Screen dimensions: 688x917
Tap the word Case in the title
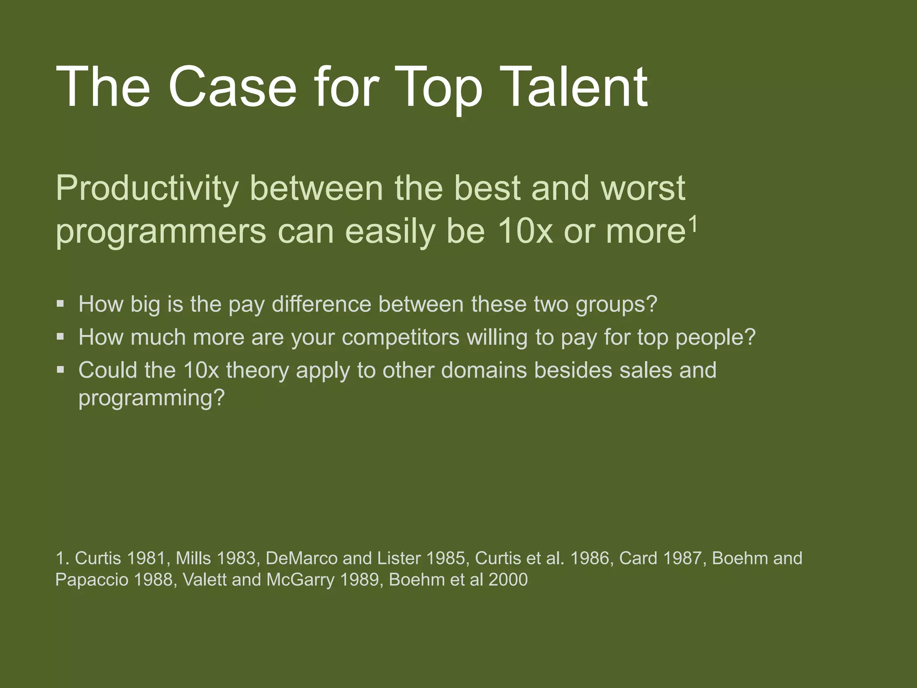coord(232,87)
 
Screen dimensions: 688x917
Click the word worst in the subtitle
coord(643,188)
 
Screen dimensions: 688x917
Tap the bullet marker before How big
coord(60,304)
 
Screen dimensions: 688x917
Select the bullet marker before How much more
coord(60,337)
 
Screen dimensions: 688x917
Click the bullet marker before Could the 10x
coord(60,370)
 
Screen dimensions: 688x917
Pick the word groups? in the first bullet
coord(616,305)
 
